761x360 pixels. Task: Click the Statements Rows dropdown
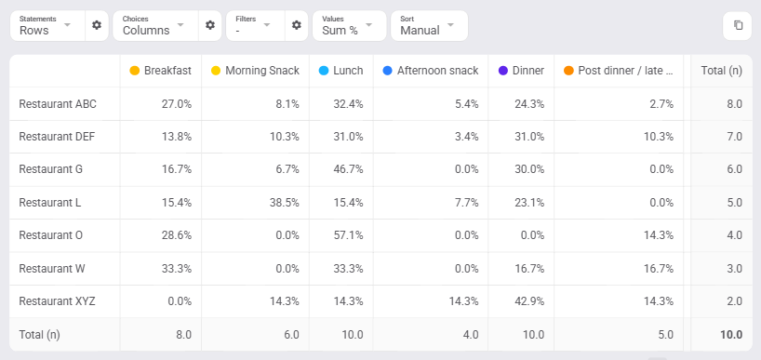[x=47, y=26]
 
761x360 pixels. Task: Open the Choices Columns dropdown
[x=155, y=26]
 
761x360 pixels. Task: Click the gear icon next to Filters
[x=297, y=25]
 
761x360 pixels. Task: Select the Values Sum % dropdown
[x=350, y=26]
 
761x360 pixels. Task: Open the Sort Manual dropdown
[x=429, y=26]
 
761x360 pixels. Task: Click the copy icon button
[x=738, y=25]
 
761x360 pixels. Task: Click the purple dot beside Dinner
[x=502, y=71]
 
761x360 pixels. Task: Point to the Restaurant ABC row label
[x=58, y=104]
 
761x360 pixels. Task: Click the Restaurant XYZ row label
[x=58, y=301]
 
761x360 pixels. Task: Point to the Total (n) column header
[x=722, y=71]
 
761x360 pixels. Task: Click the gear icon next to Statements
[x=97, y=25]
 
